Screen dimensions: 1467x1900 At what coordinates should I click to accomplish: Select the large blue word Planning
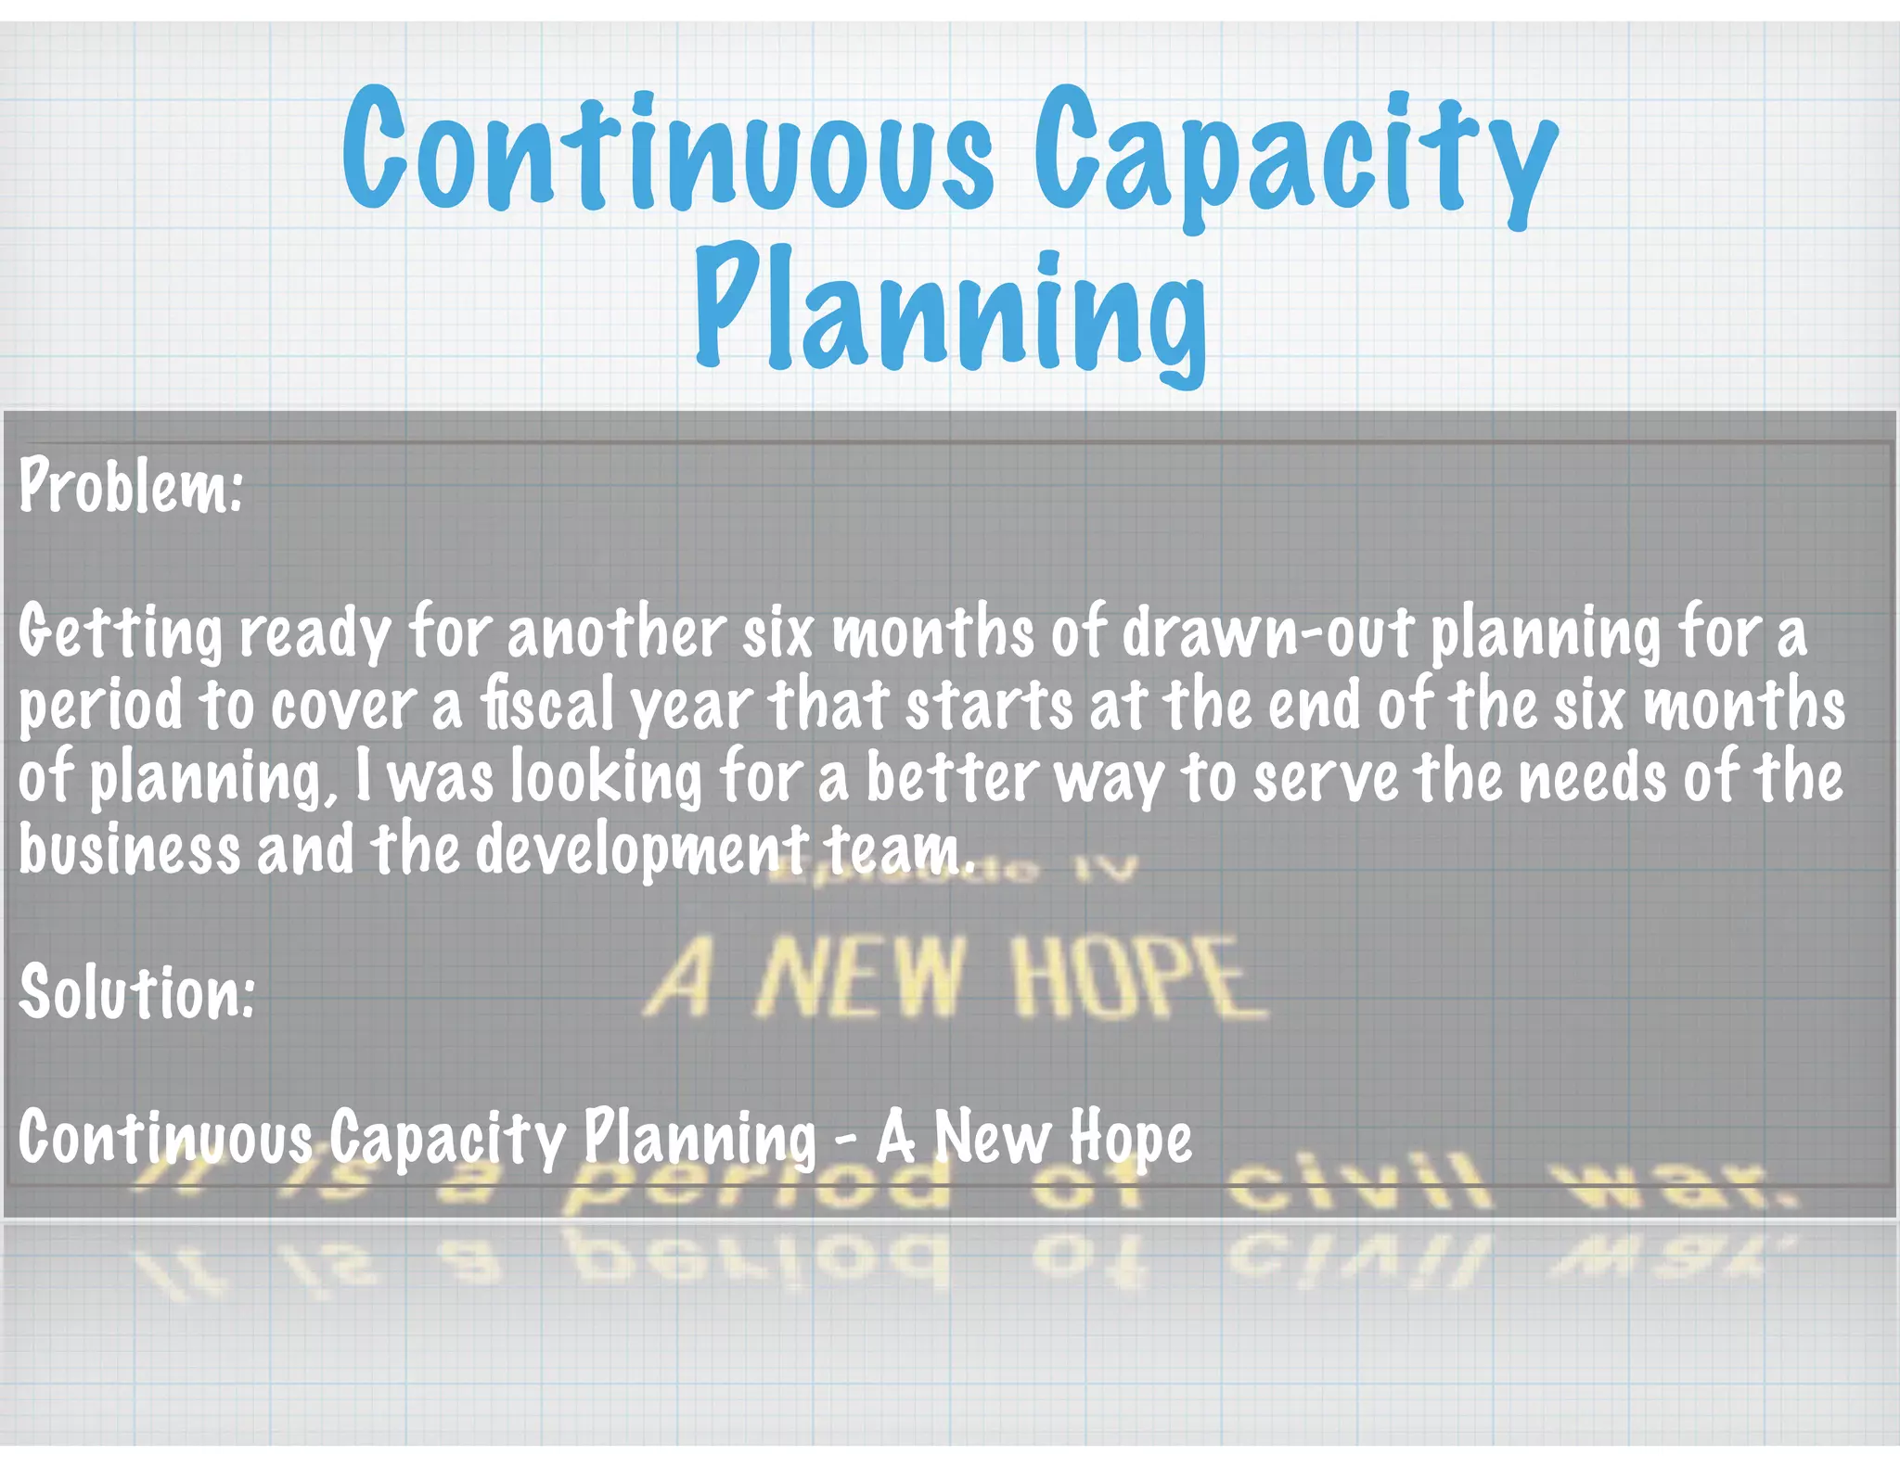[x=950, y=311]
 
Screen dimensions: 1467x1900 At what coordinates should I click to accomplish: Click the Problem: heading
[x=131, y=486]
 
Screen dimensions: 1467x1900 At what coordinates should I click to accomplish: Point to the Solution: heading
[x=136, y=991]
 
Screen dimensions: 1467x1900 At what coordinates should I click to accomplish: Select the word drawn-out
[x=1267, y=632]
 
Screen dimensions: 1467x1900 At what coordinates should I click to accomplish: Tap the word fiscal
[x=547, y=704]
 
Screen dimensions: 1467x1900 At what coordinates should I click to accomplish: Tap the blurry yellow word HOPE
[x=1139, y=978]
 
